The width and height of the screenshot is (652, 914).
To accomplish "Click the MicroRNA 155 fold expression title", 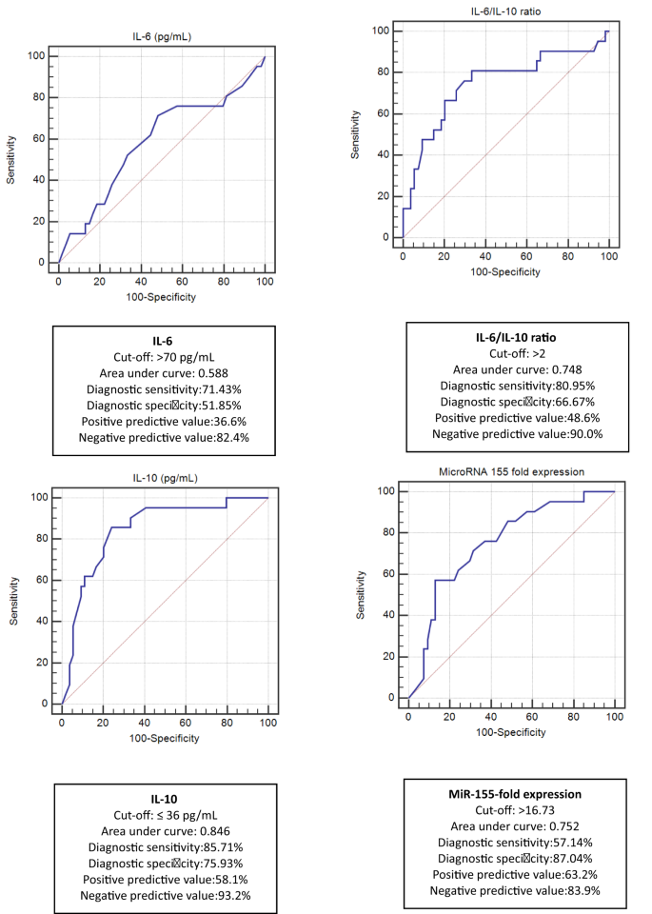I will point(510,472).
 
